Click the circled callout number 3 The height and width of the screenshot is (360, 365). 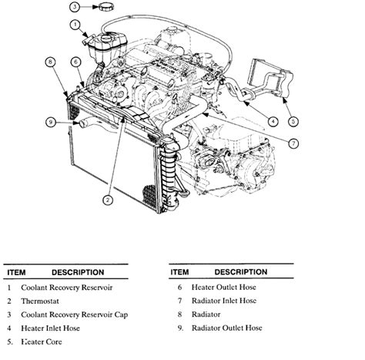(x=74, y=7)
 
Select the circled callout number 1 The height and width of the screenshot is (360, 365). (x=75, y=25)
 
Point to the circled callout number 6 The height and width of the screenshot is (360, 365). (x=76, y=61)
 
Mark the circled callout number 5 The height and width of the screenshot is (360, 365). (x=293, y=120)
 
